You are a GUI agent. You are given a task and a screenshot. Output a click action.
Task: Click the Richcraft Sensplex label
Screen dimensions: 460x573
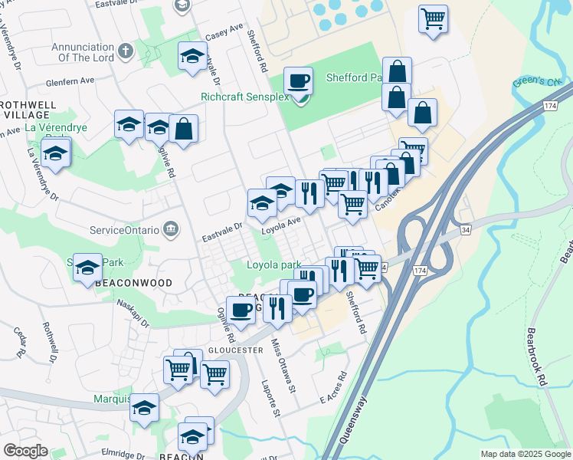245,97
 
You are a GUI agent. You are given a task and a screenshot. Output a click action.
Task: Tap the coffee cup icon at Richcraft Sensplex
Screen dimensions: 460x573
299,80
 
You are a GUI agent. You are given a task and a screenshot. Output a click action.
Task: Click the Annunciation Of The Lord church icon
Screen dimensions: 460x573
126,51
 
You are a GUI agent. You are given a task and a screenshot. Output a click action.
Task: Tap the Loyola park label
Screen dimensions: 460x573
273,265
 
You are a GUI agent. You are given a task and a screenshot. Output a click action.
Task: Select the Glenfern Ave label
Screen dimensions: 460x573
69,80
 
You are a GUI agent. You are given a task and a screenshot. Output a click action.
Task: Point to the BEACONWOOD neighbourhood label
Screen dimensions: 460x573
123,283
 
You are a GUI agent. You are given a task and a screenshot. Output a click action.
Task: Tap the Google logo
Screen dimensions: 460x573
25,451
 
